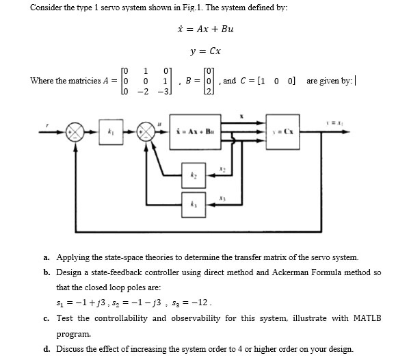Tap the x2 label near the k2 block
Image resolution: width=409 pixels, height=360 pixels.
pos(222,168)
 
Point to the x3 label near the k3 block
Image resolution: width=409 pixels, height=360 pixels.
pos(222,196)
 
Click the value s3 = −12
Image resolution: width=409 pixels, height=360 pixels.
pos(202,303)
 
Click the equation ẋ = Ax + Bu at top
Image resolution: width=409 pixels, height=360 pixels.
pos(204,29)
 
